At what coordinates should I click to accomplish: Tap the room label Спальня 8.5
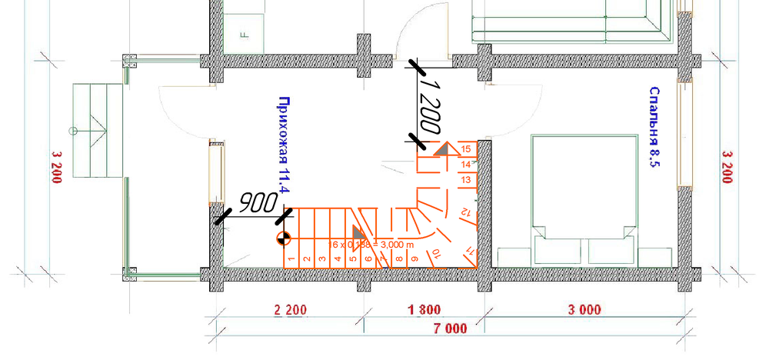[x=655, y=126]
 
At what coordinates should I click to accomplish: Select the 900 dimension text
[x=258, y=203]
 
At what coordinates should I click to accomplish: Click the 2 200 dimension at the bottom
[x=290, y=312]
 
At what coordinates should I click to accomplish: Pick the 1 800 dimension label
[x=423, y=312]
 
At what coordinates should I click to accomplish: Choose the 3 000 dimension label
[x=584, y=312]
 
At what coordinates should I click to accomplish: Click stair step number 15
[x=465, y=149]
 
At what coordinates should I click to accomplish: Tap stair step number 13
[x=465, y=179]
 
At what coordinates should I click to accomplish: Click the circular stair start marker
[x=283, y=238]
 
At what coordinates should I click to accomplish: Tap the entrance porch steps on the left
[x=98, y=129]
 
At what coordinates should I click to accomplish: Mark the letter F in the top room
[x=242, y=35]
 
